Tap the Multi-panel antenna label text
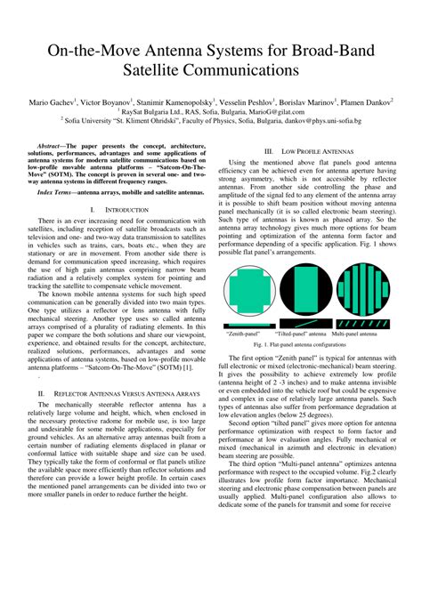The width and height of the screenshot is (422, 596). tap(367, 334)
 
